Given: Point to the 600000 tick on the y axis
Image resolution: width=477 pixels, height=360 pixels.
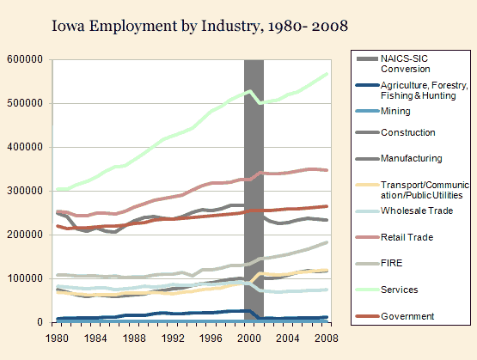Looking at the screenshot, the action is pyautogui.click(x=25, y=59).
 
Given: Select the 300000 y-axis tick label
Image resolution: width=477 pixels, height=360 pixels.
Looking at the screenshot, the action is pyautogui.click(x=25, y=191).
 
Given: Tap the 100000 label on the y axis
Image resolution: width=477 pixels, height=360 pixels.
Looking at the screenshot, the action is pyautogui.click(x=25, y=278).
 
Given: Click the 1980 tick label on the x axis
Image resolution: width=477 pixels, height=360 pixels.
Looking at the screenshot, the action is pyautogui.click(x=57, y=339).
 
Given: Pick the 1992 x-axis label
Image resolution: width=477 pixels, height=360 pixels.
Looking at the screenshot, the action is pyautogui.click(x=173, y=339).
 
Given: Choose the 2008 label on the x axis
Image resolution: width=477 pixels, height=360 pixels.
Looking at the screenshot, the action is pyautogui.click(x=327, y=339).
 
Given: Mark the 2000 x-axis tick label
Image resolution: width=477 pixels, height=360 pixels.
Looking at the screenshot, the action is pyautogui.click(x=249, y=339).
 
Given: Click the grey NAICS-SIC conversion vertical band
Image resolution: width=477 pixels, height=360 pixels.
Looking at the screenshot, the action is pyautogui.click(x=254, y=191).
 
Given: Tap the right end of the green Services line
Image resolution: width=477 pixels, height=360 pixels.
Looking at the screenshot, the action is pyautogui.click(x=327, y=74).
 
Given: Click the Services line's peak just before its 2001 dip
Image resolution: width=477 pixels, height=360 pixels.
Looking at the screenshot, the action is pyautogui.click(x=250, y=91).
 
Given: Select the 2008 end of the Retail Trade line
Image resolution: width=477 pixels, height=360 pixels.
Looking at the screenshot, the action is pyautogui.click(x=327, y=170).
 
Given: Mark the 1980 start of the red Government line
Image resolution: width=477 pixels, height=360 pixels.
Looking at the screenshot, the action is pyautogui.click(x=58, y=226).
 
